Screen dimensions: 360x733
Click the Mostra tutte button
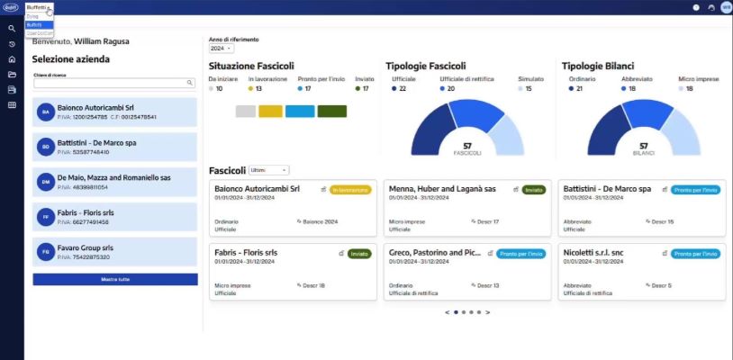[114, 280]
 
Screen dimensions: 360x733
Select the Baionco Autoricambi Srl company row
[114, 112]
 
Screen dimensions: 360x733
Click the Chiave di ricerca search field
[110, 83]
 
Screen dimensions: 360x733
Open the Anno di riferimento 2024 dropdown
[222, 49]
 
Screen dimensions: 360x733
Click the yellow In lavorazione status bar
[270, 111]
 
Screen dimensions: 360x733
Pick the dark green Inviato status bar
[331, 111]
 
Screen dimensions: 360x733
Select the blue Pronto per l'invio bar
[300, 111]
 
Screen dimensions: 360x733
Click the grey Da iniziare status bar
[245, 111]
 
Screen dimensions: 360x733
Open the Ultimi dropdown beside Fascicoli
[268, 170]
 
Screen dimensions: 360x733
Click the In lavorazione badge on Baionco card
[350, 190]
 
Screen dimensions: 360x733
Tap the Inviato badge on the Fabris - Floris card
[359, 254]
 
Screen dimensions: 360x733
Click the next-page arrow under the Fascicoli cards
[488, 312]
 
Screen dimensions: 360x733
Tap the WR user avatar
[726, 7]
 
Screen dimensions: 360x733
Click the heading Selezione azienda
[71, 59]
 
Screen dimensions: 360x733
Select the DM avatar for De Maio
[45, 182]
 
